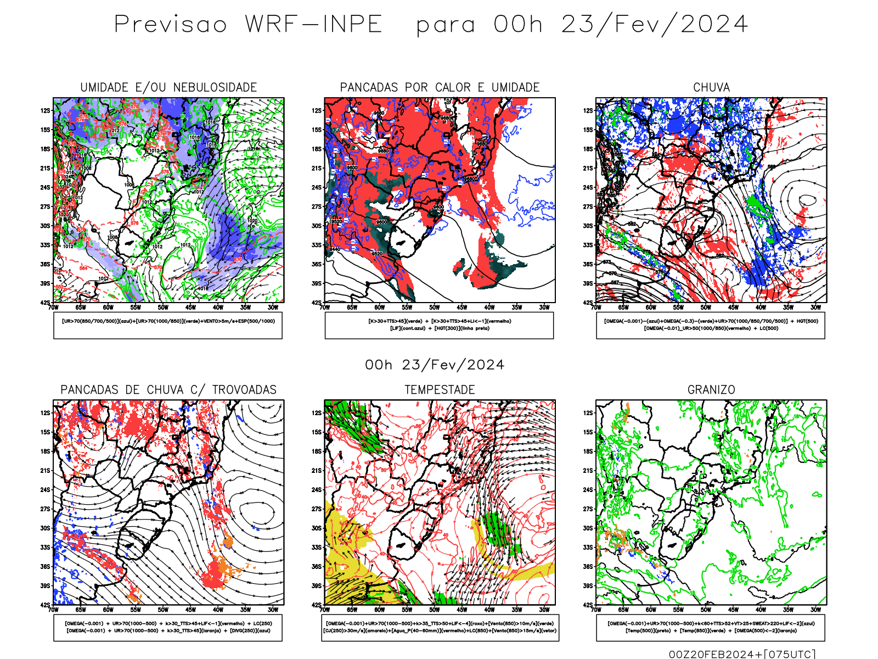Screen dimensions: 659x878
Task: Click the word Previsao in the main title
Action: coord(170,25)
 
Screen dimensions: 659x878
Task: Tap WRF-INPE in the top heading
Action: coord(313,25)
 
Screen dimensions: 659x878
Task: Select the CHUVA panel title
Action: coord(711,87)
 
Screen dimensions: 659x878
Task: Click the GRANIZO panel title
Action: coord(711,390)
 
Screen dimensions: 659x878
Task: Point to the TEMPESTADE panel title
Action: coord(440,390)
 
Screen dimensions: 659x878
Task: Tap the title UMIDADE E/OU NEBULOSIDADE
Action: coord(168,87)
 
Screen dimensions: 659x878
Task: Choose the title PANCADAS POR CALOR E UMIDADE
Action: coord(440,87)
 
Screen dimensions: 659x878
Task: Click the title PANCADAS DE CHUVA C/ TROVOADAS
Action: coord(168,390)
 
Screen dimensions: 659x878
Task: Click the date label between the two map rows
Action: coord(435,365)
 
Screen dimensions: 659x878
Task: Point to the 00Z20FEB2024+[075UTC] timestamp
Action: coord(742,654)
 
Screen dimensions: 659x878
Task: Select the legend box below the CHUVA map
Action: coord(711,325)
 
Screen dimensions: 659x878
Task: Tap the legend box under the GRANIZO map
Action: coord(711,627)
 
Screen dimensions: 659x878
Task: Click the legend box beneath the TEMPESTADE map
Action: coord(440,627)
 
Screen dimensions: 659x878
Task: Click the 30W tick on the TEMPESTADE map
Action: coord(544,610)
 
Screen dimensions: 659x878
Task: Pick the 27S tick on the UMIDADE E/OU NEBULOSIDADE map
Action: coord(45,207)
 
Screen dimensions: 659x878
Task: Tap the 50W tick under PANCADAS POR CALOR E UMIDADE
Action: coord(434,308)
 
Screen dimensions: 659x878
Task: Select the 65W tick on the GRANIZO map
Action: coord(623,610)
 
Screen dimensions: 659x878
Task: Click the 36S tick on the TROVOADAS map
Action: coord(45,567)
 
